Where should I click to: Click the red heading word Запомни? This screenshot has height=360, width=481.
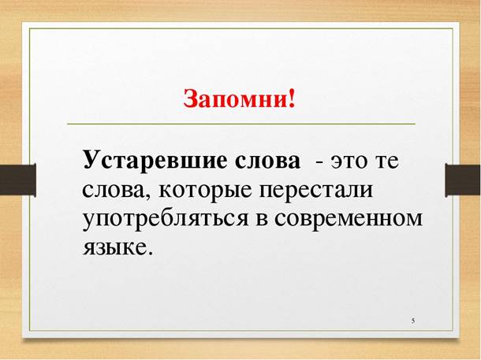click(x=240, y=100)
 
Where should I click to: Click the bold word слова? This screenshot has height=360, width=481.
click(x=266, y=160)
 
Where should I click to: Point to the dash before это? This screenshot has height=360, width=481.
click(x=319, y=161)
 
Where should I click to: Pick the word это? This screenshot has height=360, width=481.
click(x=349, y=161)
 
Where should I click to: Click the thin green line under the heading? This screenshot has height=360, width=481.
click(x=240, y=124)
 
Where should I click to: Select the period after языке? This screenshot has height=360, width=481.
click(x=147, y=253)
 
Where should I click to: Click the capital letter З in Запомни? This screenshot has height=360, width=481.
click(x=191, y=100)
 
